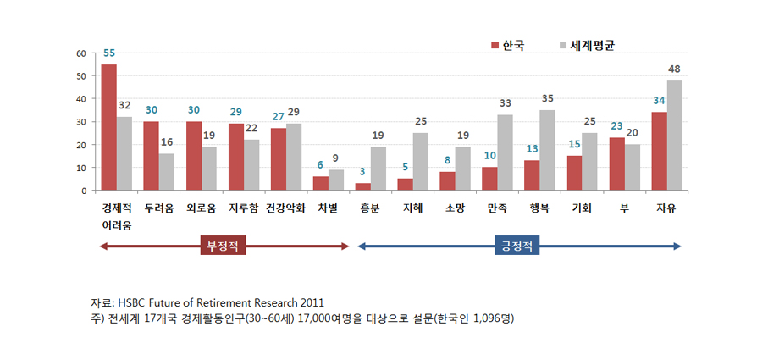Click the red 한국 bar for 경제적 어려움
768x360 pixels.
(x=109, y=127)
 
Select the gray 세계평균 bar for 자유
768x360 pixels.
(x=674, y=136)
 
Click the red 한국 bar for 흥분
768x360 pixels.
(x=363, y=186)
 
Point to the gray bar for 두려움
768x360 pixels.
(x=168, y=172)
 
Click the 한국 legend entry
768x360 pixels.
(x=508, y=45)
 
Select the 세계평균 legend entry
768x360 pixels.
(x=585, y=45)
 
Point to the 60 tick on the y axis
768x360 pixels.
(x=81, y=53)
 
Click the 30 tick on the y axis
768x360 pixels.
(x=81, y=122)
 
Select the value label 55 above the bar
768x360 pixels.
(x=109, y=53)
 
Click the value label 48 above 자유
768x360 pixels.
(x=674, y=69)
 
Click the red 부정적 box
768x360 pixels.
(x=224, y=247)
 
